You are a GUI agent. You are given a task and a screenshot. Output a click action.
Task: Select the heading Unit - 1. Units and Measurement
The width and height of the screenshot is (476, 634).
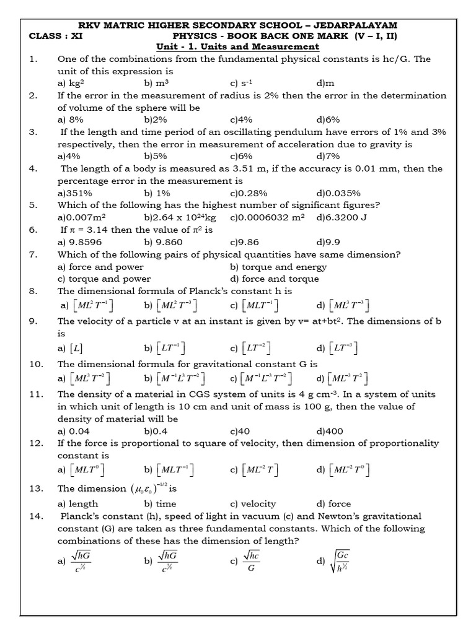coord(237,47)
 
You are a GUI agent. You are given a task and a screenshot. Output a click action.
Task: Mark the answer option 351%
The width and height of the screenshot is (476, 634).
coord(73,193)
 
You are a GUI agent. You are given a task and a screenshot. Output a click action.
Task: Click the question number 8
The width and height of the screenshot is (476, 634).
coord(33,291)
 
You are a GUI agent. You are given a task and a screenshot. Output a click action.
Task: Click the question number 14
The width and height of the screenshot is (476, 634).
coord(36,516)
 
